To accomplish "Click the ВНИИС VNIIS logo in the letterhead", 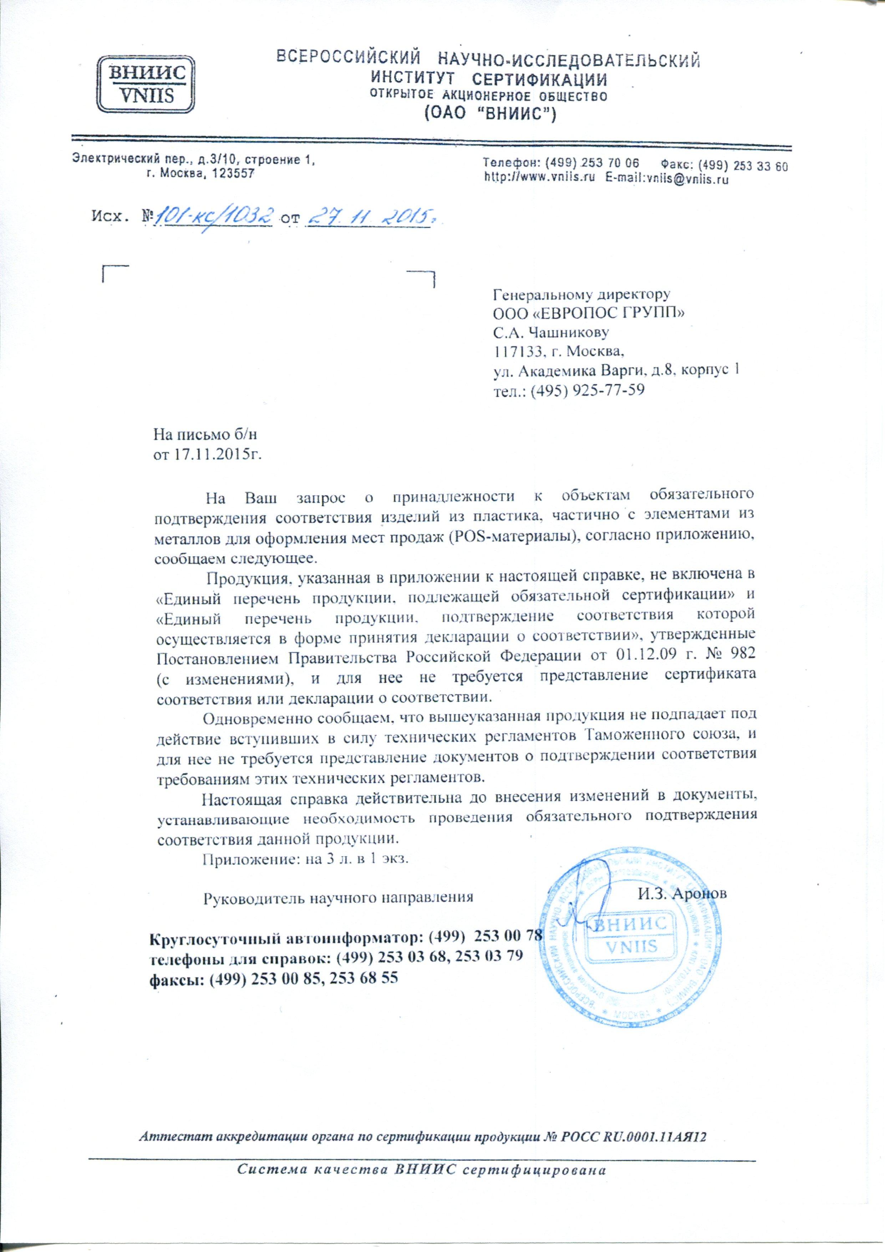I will (x=147, y=83).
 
